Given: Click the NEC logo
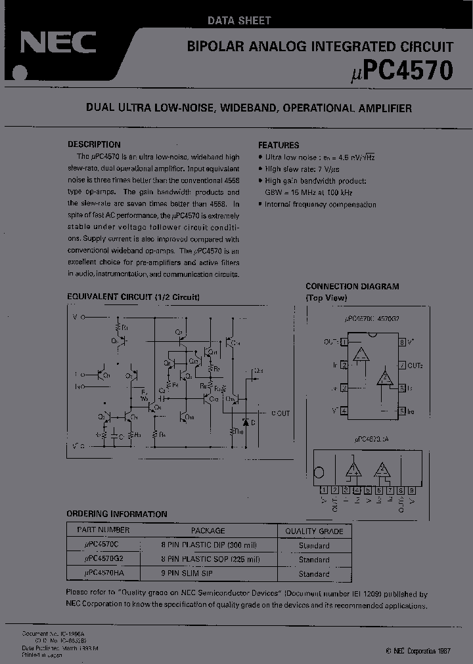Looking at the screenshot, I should click(x=58, y=43).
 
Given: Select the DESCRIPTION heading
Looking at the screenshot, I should click(x=94, y=144).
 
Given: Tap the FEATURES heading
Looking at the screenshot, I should click(x=279, y=145).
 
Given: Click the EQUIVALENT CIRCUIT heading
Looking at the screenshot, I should click(x=133, y=297).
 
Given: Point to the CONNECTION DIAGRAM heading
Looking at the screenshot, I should click(x=352, y=287).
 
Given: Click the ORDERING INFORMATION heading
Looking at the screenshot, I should click(x=116, y=514).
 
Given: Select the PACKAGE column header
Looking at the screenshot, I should click(x=208, y=530).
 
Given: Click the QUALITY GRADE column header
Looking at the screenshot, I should click(x=314, y=531).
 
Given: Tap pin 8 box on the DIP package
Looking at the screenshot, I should click(x=402, y=342).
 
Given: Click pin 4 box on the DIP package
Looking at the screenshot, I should click(x=344, y=411).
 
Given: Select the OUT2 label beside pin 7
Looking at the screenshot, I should click(x=415, y=365).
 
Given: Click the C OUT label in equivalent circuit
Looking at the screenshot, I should click(x=281, y=413).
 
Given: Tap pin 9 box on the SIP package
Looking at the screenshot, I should click(x=412, y=489).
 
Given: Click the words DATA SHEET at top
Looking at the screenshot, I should click(x=239, y=20).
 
